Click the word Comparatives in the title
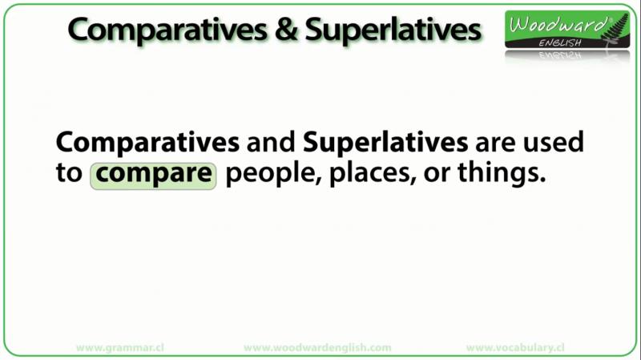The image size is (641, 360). click(x=167, y=30)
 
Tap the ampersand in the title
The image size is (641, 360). click(x=286, y=30)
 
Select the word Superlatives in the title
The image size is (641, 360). click(x=393, y=30)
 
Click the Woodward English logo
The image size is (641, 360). click(x=567, y=29)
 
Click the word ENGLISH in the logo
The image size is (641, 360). click(x=560, y=43)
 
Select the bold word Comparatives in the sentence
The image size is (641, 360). click(x=147, y=143)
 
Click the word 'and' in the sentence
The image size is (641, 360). click(x=271, y=142)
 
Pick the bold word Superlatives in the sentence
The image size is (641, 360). click(x=385, y=143)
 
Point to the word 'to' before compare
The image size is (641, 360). click(x=69, y=173)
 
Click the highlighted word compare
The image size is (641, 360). click(x=153, y=176)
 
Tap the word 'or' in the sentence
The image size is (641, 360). click(x=436, y=176)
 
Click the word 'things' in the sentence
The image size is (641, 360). click(x=502, y=175)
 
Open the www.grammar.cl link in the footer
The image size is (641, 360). click(x=120, y=348)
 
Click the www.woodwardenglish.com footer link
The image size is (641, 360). click(x=317, y=348)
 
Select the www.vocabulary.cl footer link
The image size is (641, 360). click(x=515, y=348)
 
